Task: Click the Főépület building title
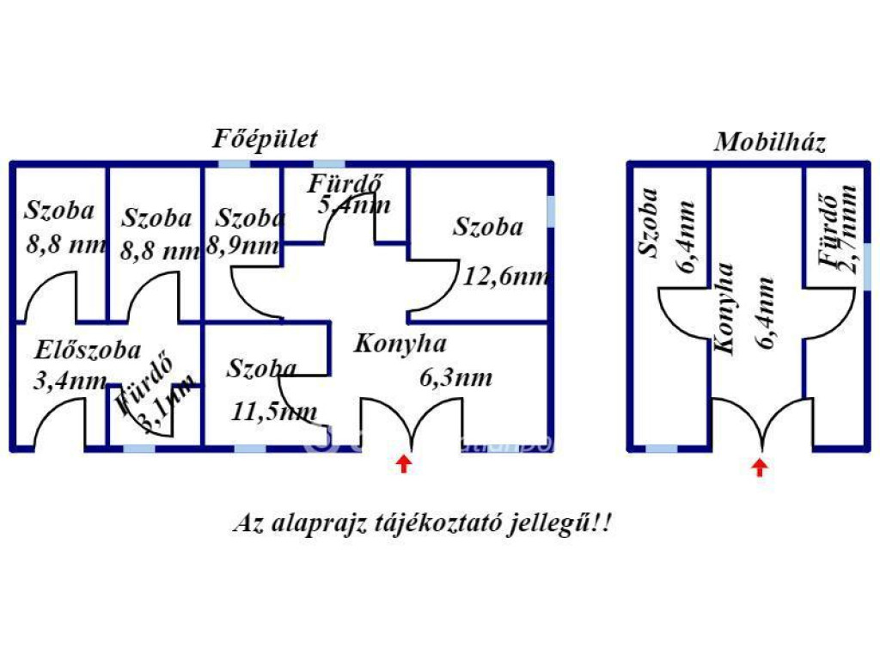click(x=266, y=139)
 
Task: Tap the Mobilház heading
click(x=769, y=143)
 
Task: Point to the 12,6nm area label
click(x=506, y=276)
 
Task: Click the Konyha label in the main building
click(x=400, y=344)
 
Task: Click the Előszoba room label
click(x=88, y=350)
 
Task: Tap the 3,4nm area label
click(x=70, y=380)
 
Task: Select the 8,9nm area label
click(x=243, y=246)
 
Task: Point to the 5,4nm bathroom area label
click(x=354, y=205)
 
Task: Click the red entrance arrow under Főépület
click(x=404, y=465)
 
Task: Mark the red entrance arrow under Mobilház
click(x=759, y=467)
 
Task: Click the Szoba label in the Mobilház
click(x=648, y=223)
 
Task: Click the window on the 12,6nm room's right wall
click(x=551, y=211)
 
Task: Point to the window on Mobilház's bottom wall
click(x=661, y=448)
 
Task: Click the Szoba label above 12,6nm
click(x=488, y=227)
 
